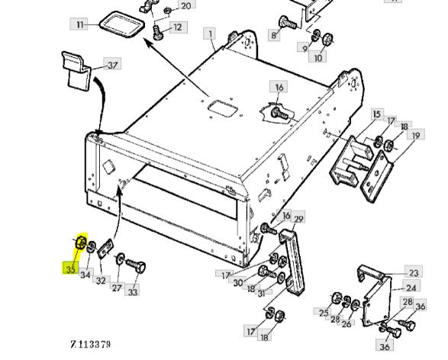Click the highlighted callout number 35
point(70,269)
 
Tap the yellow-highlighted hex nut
point(81,243)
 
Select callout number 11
point(79,24)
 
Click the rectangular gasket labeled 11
point(121,24)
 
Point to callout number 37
point(112,65)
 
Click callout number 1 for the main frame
point(211,34)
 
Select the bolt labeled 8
point(288,23)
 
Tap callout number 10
point(317,58)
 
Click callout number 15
point(377,114)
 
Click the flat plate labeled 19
point(376,176)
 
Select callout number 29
point(298,219)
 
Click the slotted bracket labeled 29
point(292,260)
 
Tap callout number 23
point(414,273)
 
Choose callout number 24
point(411,288)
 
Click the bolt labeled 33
point(136,265)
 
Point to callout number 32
point(101,281)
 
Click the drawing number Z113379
point(90,344)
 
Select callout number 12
point(178,27)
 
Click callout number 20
point(186,5)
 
